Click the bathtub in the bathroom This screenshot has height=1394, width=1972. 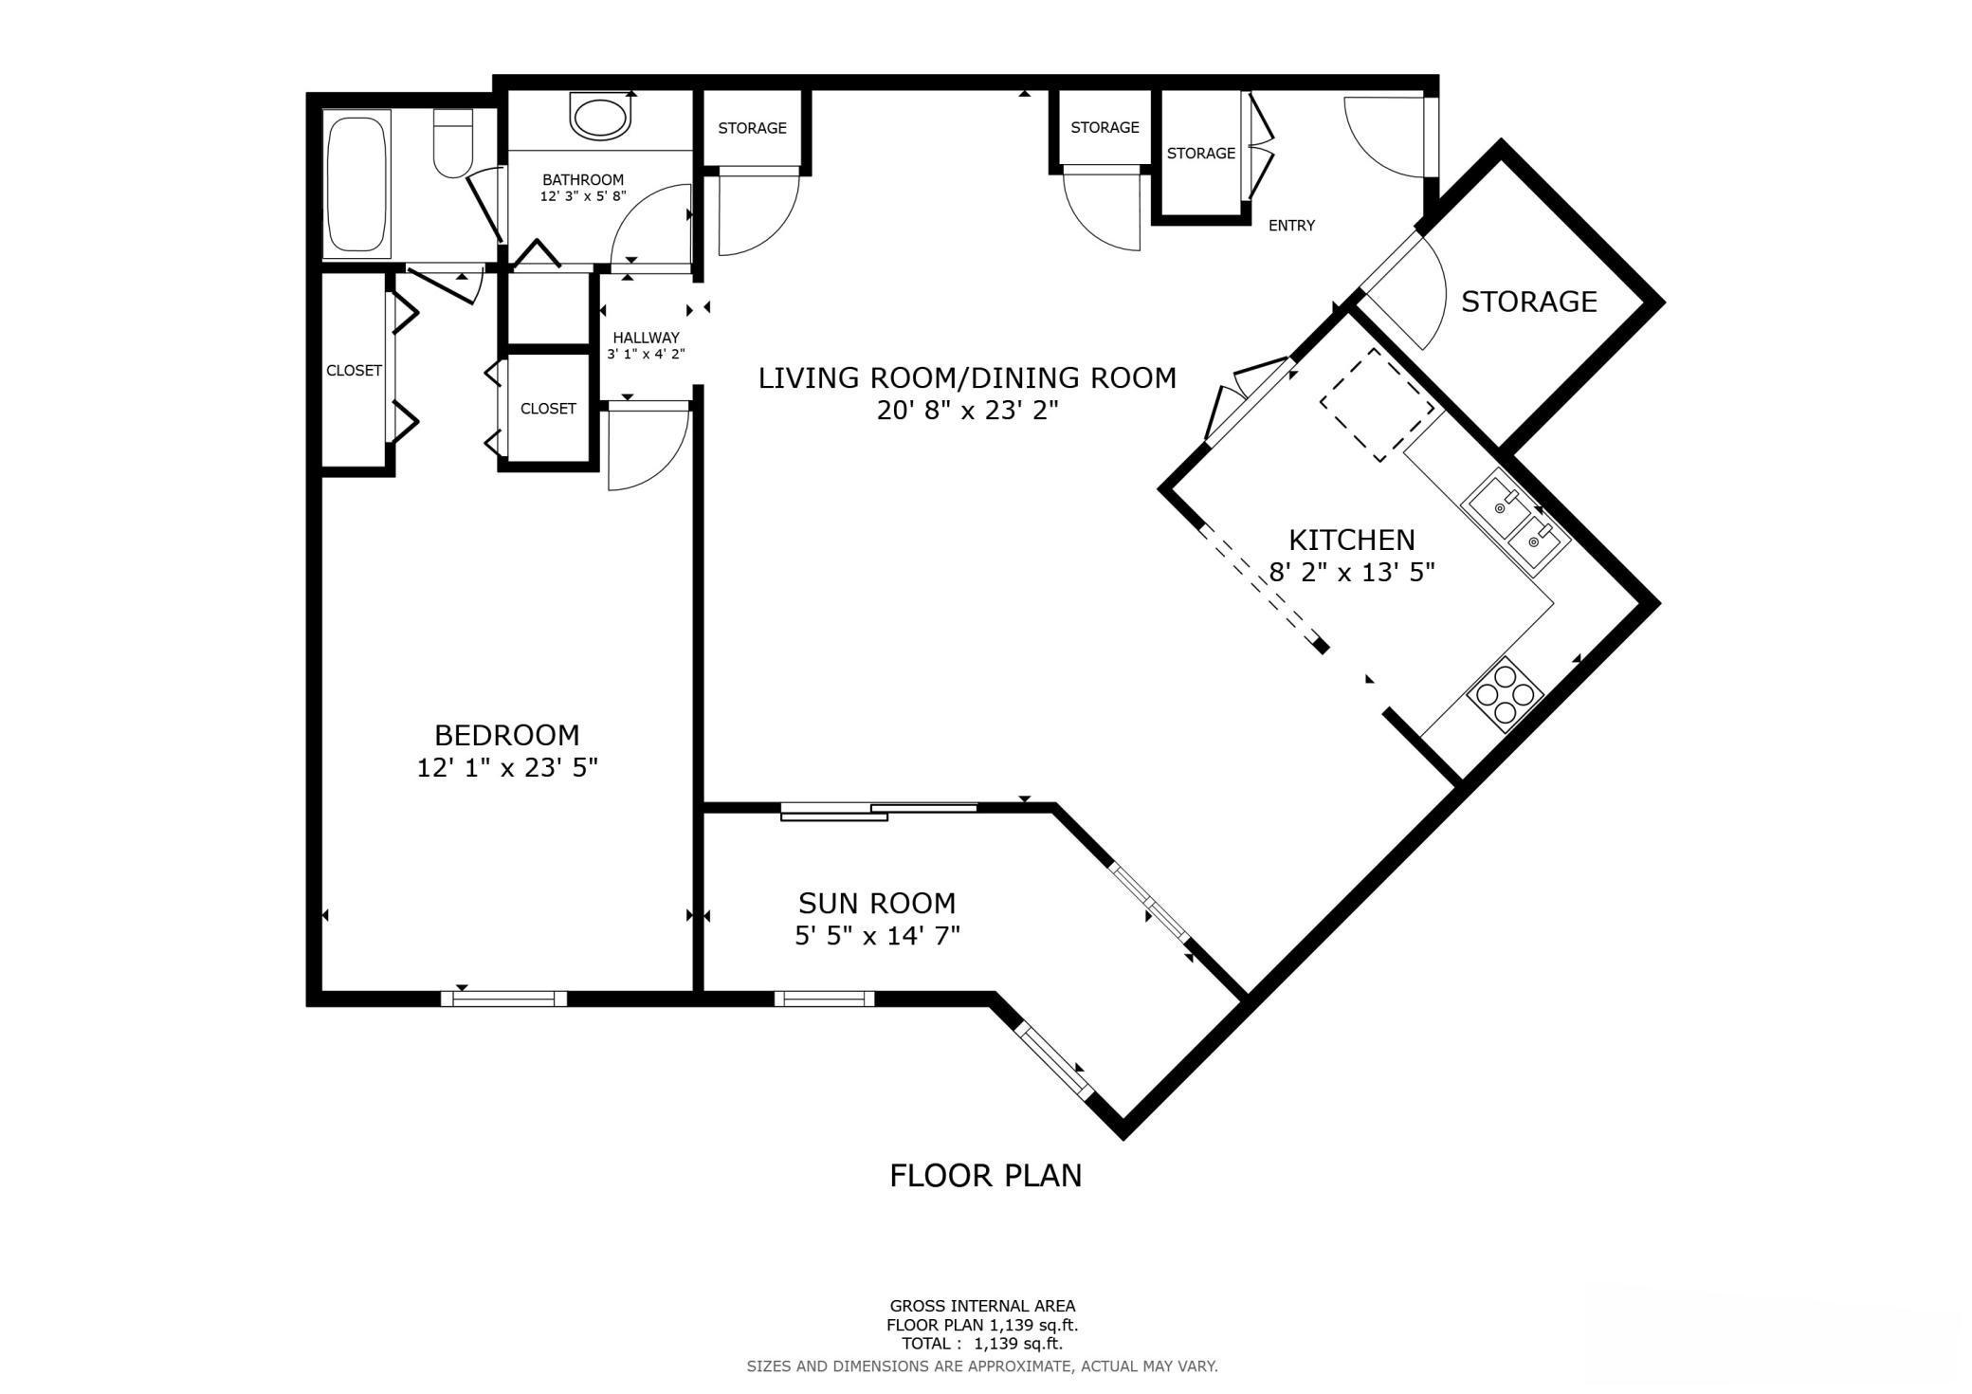click(x=356, y=184)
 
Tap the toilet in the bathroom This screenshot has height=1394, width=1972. click(x=453, y=143)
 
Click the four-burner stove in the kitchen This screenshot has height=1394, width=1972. click(x=1506, y=694)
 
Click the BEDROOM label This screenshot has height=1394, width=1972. click(x=506, y=735)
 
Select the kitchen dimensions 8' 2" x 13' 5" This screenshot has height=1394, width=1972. click(x=1351, y=572)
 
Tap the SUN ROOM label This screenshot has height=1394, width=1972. click(x=877, y=903)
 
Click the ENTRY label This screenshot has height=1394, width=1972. click(x=1291, y=226)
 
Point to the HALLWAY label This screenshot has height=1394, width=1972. click(x=646, y=338)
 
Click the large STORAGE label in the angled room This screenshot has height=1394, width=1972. click(x=1528, y=302)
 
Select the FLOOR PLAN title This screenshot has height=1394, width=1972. click(x=985, y=1176)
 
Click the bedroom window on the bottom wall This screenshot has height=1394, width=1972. click(x=503, y=998)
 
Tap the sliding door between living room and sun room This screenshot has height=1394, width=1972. click(x=879, y=811)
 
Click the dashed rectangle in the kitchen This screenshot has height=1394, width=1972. click(x=1378, y=405)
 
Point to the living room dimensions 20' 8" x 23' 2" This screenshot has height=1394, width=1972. click(x=967, y=411)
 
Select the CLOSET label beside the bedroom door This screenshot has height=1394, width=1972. click(x=548, y=409)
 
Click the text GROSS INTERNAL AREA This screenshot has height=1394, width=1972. click(x=982, y=1307)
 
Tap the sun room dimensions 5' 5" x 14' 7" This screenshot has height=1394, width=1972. click(x=877, y=936)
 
